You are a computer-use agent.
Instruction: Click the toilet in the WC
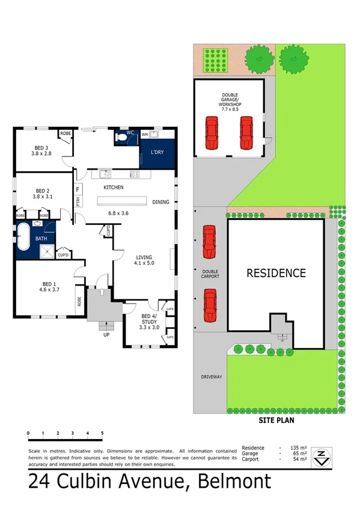122,138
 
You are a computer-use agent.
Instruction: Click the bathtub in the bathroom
25,238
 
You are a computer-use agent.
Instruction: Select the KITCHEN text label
113,188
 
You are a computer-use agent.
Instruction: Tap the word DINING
160,202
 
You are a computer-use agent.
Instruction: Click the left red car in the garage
211,132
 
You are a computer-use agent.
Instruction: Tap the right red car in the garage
246,132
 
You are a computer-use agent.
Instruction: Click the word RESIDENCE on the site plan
276,273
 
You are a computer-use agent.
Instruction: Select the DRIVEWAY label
212,377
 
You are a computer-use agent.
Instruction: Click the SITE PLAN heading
276,420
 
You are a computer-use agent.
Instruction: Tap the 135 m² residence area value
298,448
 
